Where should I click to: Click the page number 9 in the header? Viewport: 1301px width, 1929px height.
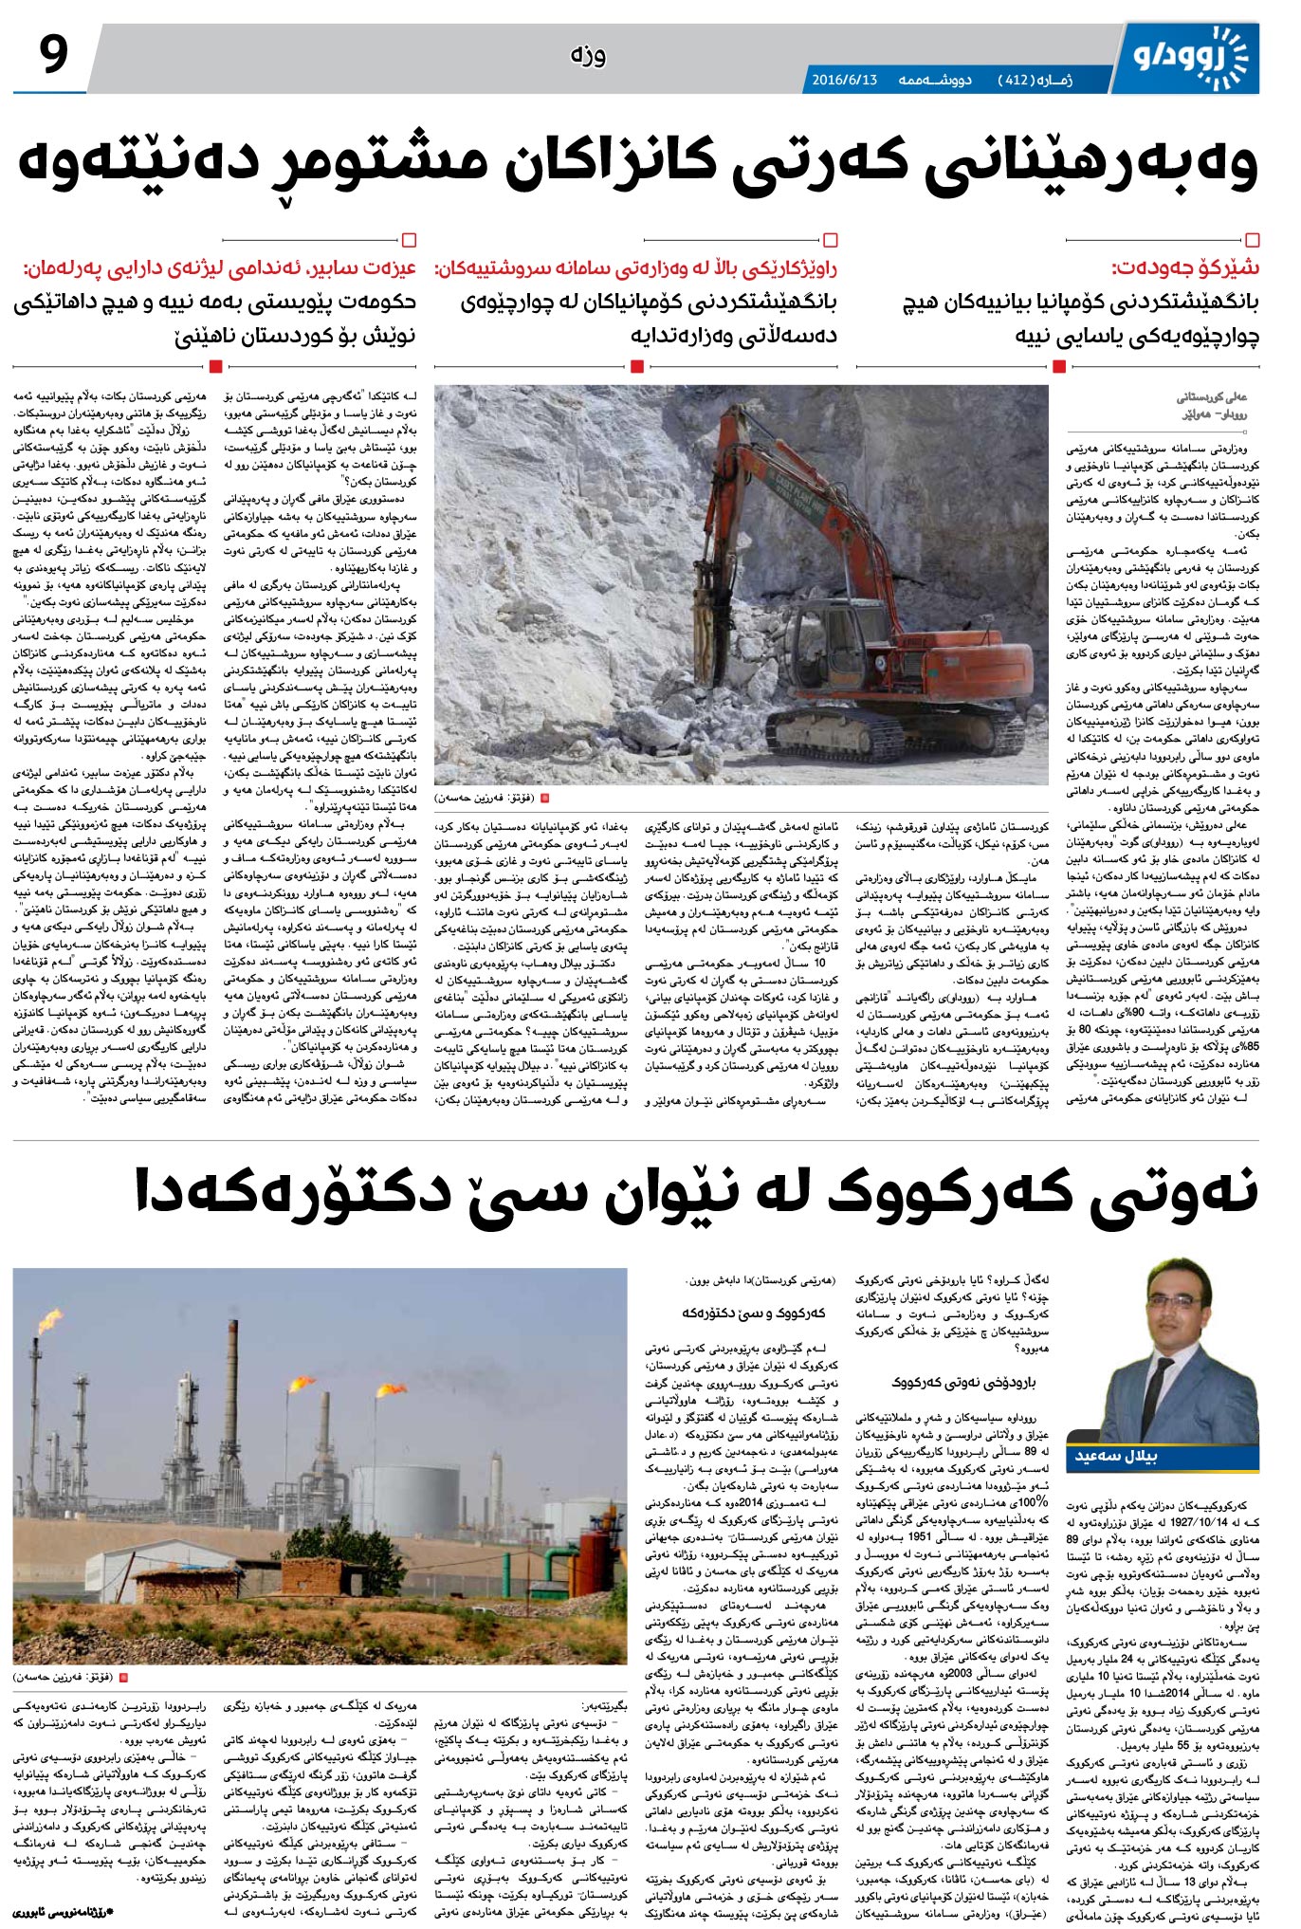54,54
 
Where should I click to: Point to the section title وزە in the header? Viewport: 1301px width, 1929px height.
588,55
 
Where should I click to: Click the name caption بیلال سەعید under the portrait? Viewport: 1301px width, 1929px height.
1115,1456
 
